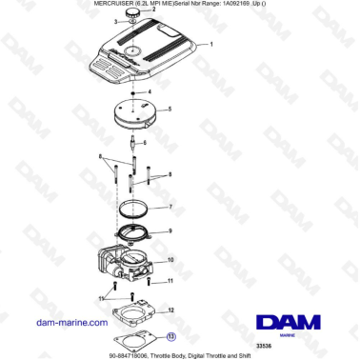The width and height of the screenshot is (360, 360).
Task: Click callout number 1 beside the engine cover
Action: click(x=210, y=45)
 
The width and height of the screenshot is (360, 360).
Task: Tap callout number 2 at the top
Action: click(x=154, y=9)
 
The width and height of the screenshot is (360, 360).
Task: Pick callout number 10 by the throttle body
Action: click(x=170, y=260)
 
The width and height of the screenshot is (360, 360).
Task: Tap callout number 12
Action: click(x=170, y=310)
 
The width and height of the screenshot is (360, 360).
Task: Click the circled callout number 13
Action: click(x=170, y=335)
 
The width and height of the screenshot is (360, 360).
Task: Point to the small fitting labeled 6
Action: click(x=132, y=151)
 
